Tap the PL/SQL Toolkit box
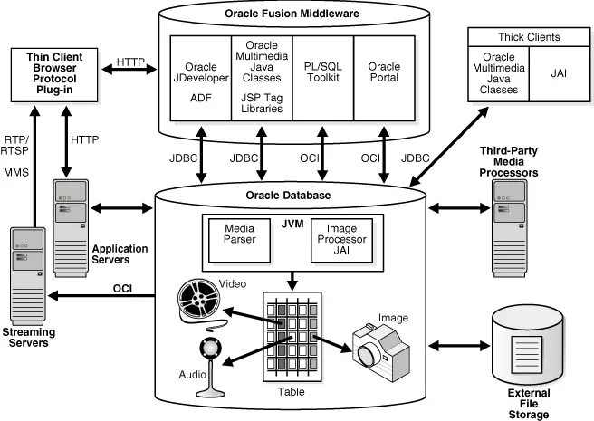321,79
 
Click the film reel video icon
198,300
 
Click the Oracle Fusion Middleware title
292,14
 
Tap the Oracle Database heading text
292,195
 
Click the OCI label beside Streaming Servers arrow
122,289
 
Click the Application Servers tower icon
72,218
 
